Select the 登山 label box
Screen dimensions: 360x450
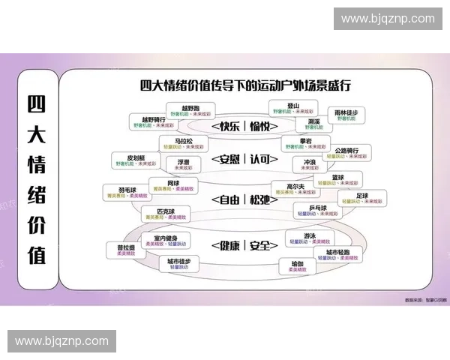293,109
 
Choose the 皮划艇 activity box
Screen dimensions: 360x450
134,160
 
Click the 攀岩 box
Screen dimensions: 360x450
304,143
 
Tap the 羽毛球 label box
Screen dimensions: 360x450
127,192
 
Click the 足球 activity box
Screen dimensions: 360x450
362,199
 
